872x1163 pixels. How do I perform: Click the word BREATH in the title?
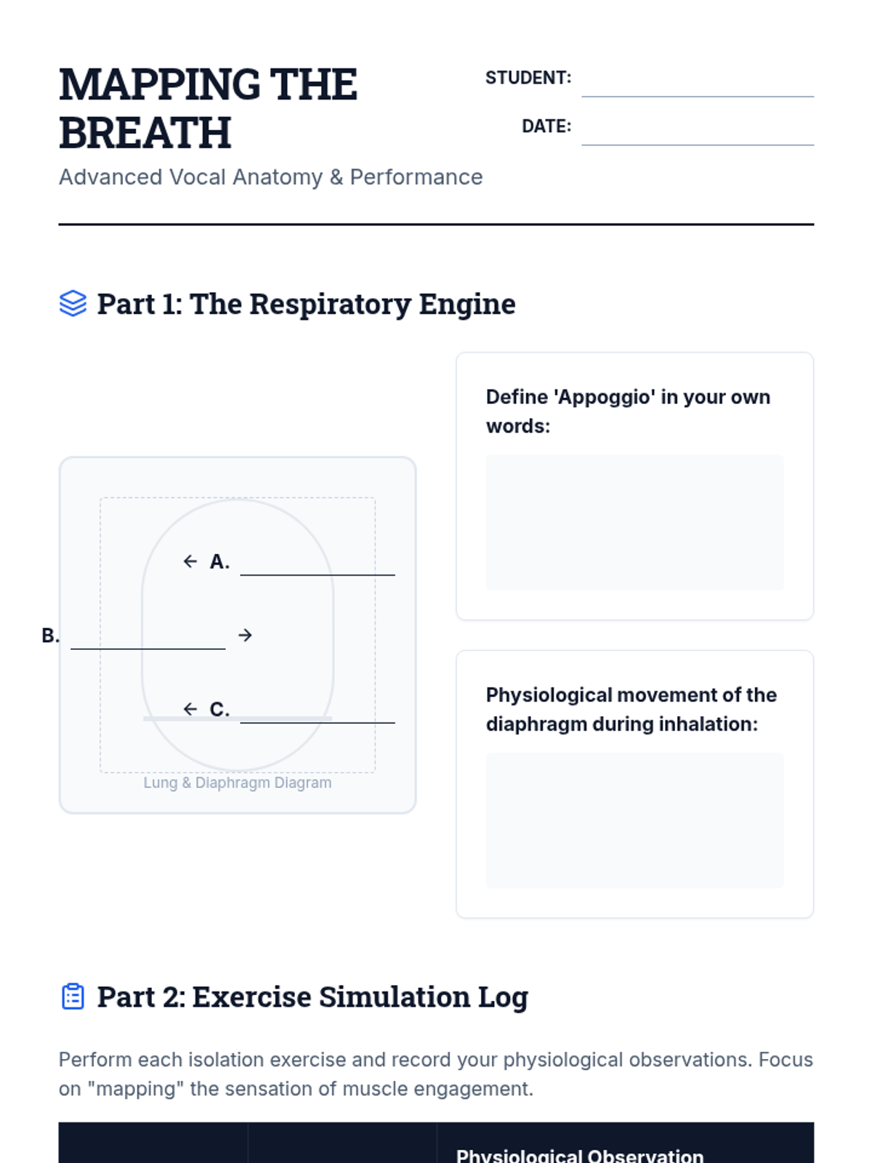tap(145, 133)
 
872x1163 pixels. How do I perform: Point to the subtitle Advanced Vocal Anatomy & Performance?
tap(270, 177)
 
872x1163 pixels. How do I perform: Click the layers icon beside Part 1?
tap(73, 304)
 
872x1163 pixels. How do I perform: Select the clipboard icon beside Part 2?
tap(73, 997)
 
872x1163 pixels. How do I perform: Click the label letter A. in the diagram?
tap(219, 562)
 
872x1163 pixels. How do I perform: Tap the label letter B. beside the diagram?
tap(50, 636)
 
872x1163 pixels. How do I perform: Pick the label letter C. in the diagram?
tap(219, 709)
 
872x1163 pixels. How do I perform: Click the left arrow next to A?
tap(190, 561)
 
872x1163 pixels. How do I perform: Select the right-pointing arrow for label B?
tap(246, 635)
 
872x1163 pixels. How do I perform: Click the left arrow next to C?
tap(190, 709)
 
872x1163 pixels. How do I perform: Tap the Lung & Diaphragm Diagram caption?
tap(238, 783)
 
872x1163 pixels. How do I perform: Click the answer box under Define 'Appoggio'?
tap(634, 522)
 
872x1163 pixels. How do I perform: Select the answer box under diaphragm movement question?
tap(634, 820)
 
